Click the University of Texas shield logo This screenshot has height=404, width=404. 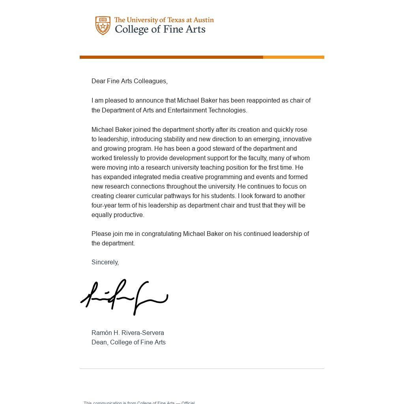pos(103,26)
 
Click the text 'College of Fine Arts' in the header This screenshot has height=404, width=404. pos(160,30)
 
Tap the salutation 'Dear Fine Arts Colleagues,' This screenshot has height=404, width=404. pos(129,81)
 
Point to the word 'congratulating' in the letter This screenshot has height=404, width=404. pos(161,234)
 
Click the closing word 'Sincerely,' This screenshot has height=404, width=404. pos(105,262)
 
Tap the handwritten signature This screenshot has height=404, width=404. pos(124,297)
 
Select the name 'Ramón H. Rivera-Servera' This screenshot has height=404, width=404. pos(127,333)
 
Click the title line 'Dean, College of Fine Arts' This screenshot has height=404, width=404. pos(128,342)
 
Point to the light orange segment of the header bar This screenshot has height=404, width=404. pos(294,57)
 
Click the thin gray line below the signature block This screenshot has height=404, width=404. pos(202,369)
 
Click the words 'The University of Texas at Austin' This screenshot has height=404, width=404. pos(164,20)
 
